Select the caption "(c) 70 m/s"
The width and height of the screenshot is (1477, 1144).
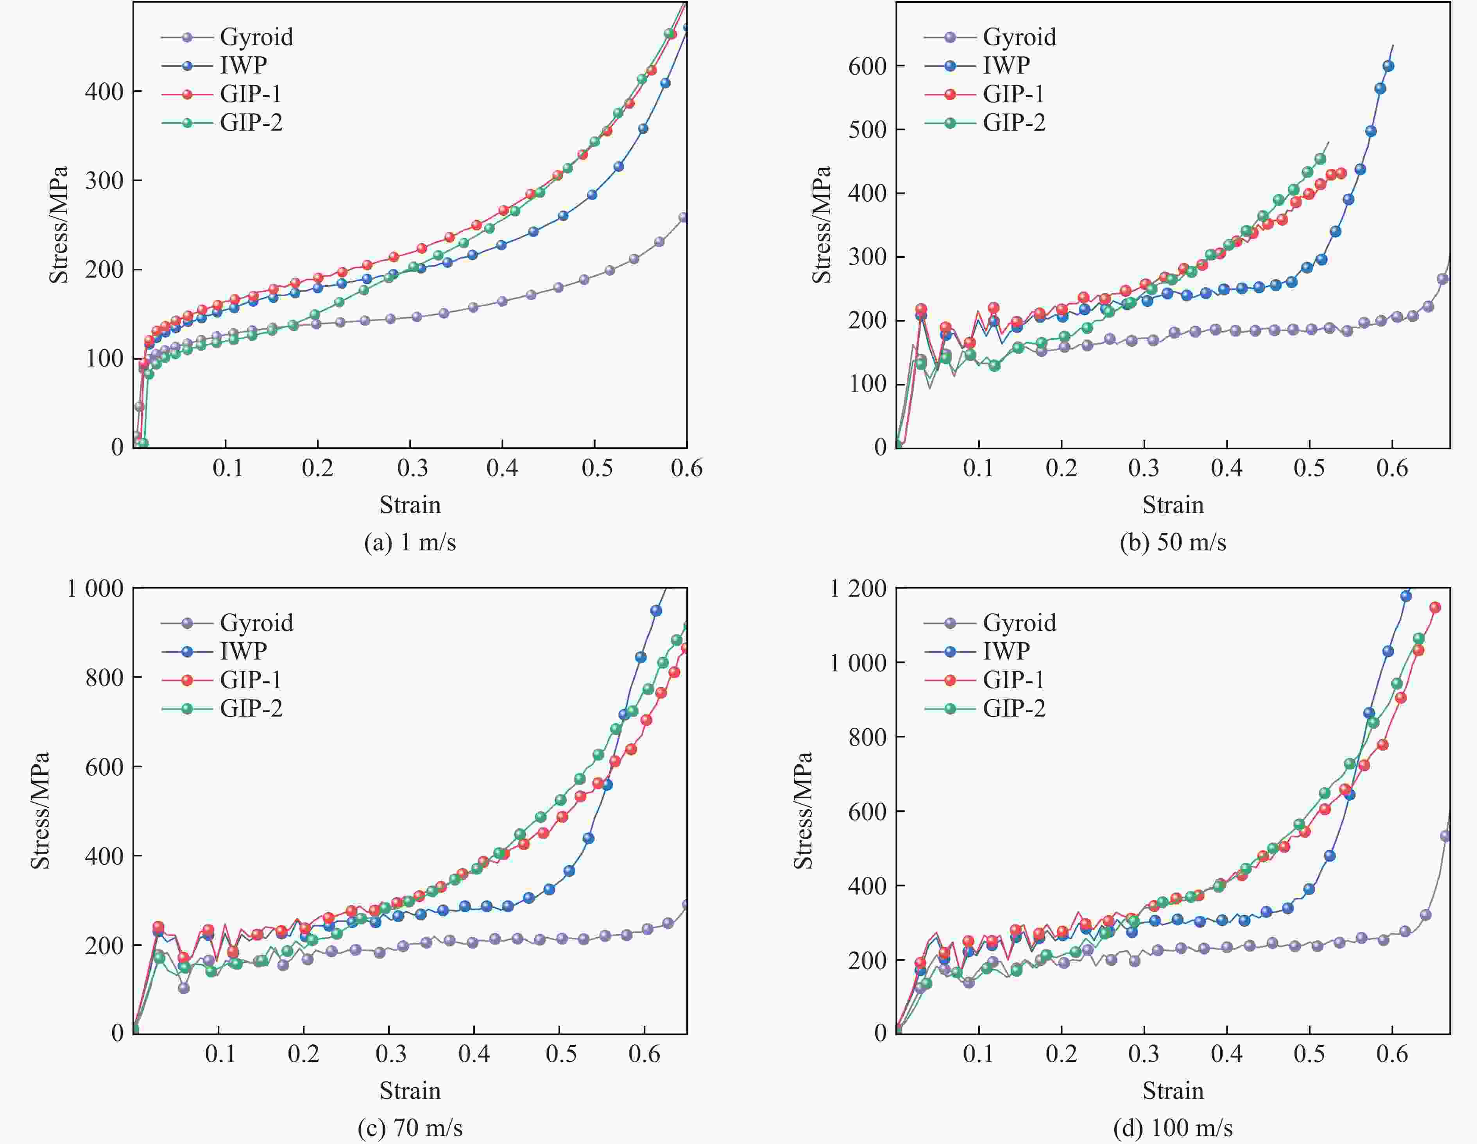coord(410,1128)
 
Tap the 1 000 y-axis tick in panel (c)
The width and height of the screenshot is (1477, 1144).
coord(95,589)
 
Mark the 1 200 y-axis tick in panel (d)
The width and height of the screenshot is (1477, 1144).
coord(858,589)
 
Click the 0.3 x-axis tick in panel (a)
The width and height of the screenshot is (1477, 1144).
coord(410,468)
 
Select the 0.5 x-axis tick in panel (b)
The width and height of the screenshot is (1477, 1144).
coord(1309,468)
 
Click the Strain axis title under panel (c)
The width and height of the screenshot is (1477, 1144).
coord(410,1090)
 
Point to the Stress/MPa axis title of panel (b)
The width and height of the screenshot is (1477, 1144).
coord(821,225)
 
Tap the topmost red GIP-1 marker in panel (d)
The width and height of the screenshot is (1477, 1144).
coord(1434,607)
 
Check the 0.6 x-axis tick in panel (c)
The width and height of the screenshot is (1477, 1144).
coord(645,1054)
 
